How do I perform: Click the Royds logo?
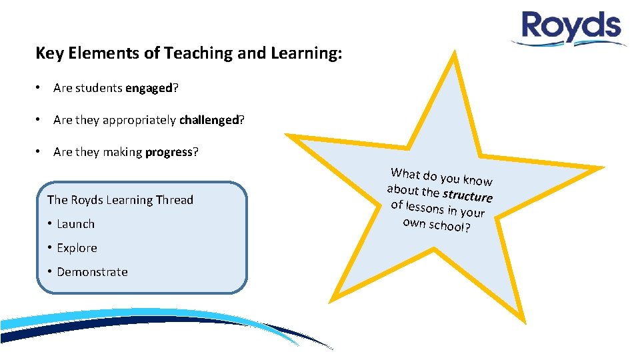[x=571, y=29]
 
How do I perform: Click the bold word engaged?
[x=148, y=88]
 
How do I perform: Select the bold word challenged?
[x=209, y=120]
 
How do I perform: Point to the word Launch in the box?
[x=75, y=224]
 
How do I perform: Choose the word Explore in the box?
[x=77, y=248]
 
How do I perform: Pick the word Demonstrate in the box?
[x=92, y=272]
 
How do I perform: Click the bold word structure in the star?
[x=467, y=195]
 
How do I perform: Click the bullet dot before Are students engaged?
[x=40, y=88]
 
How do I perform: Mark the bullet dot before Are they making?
[x=40, y=152]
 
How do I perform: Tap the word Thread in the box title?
[x=174, y=200]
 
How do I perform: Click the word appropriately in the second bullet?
[x=139, y=120]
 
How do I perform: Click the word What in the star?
[x=405, y=173]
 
